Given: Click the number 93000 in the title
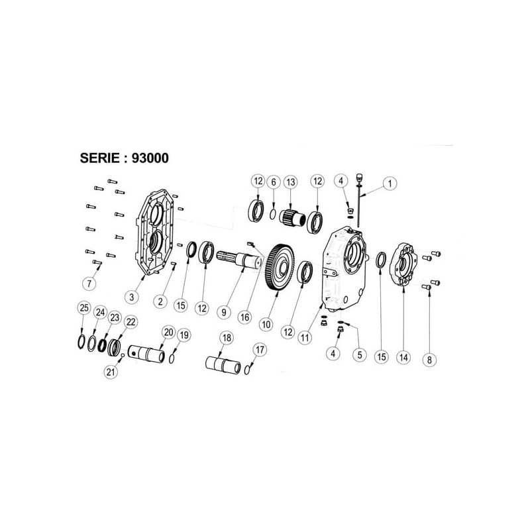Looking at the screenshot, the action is click(150, 158).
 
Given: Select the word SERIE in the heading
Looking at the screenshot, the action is click(99, 158).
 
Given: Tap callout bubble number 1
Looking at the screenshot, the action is click(390, 184).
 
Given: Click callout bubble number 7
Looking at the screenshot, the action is click(89, 284).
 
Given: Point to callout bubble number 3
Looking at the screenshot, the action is click(131, 297).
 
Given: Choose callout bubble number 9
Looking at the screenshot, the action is click(224, 312).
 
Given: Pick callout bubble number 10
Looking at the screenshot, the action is click(266, 325).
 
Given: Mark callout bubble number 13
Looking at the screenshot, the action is click(291, 182).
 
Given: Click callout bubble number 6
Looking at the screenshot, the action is click(274, 182).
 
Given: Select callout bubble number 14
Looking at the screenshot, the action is click(403, 357).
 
